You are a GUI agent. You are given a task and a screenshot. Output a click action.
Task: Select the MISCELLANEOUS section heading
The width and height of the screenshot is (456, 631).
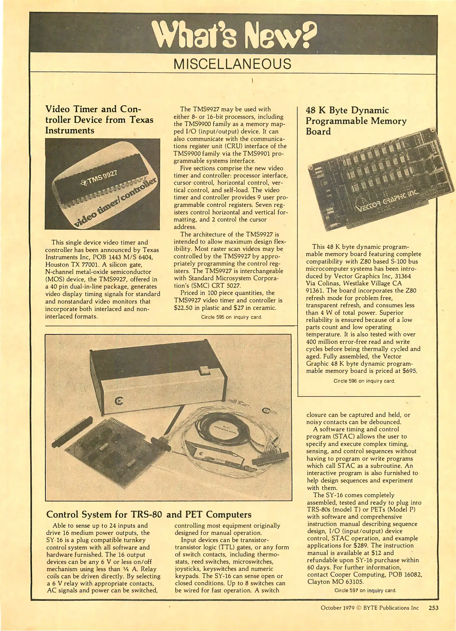(233, 64)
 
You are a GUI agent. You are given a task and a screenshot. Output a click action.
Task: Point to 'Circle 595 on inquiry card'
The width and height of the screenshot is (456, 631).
(232, 317)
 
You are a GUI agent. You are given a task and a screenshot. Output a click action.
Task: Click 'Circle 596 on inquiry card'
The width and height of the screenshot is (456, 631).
(364, 381)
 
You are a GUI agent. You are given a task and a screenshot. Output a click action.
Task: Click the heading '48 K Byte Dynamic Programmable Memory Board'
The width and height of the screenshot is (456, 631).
(356, 121)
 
